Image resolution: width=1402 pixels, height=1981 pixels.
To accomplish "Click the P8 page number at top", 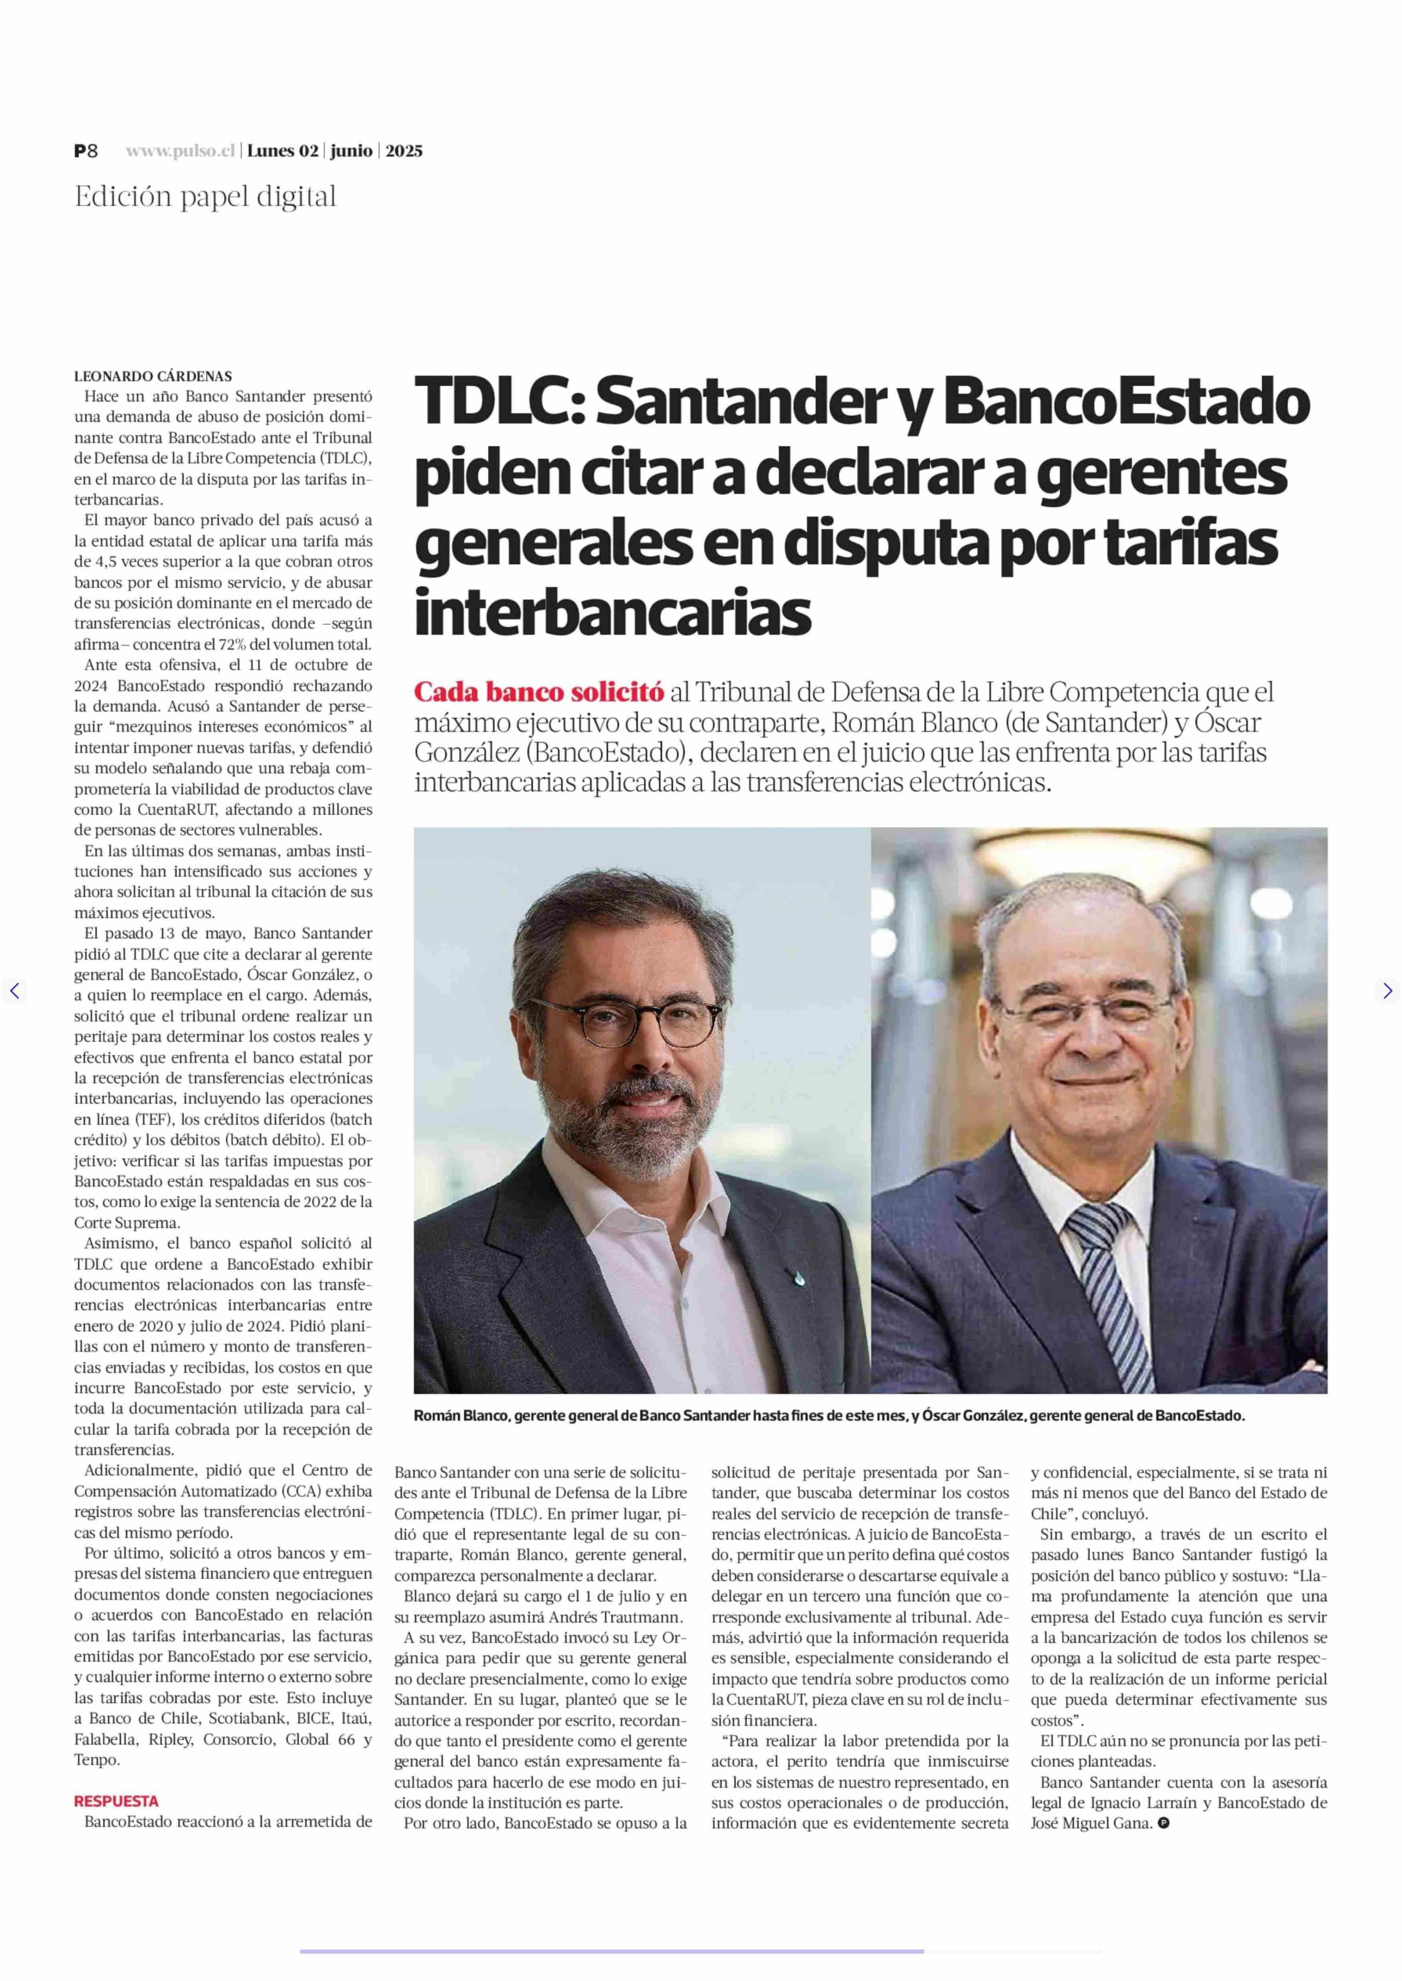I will point(86,151).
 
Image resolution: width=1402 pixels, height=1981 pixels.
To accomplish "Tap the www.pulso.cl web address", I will point(180,151).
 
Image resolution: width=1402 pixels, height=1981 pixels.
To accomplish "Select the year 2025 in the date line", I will point(404,151).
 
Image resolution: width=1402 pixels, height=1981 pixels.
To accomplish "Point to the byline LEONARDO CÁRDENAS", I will point(153,376).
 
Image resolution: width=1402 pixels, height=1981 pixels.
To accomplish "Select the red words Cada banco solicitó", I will point(539,692).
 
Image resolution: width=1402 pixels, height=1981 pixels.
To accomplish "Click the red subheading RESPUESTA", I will point(117,1802).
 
